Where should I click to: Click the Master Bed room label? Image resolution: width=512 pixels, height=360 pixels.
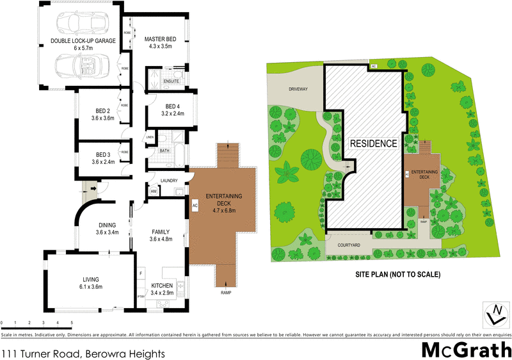tap(163, 38)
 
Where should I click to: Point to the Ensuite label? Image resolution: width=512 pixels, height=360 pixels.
tap(172, 81)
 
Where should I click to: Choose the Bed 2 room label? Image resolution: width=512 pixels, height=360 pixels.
tap(102, 111)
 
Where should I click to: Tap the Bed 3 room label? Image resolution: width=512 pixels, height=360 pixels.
tap(102, 154)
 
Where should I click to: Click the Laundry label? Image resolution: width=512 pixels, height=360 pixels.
tap(169, 181)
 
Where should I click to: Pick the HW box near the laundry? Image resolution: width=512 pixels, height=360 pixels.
tap(154, 191)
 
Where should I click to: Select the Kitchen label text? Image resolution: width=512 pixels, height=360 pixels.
tap(161, 286)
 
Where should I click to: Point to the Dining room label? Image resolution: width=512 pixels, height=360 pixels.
tap(107, 225)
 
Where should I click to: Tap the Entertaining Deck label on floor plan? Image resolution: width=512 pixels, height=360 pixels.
tap(222, 199)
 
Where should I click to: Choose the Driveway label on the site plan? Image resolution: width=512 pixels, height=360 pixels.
tap(298, 89)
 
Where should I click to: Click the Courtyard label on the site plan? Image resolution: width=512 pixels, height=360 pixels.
tap(346, 245)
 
